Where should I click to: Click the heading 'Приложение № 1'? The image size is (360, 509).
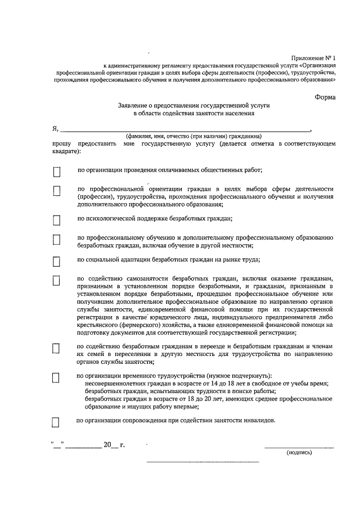[313, 58]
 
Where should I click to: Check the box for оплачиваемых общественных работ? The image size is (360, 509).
[56, 171]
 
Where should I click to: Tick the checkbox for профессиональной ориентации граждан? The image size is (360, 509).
[56, 191]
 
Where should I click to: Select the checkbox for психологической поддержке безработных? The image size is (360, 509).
[56, 220]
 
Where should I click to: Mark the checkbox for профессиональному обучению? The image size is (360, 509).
[56, 240]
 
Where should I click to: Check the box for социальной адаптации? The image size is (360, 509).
[56, 262]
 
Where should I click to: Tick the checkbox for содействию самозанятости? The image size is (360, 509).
[56, 281]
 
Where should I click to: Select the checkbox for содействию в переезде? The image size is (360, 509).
[56, 348]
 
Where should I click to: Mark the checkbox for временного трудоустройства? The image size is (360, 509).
[56, 378]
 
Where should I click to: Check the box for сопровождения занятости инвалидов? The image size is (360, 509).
[56, 422]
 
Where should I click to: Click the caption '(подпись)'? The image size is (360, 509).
[299, 452]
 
